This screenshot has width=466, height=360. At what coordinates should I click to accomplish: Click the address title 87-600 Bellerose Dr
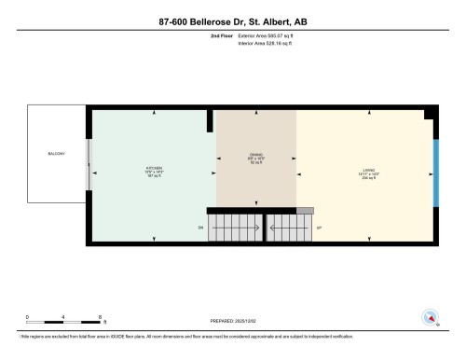coord(232,21)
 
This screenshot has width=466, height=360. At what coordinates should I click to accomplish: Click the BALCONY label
coord(56,153)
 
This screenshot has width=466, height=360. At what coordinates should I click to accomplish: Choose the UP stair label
coord(320,227)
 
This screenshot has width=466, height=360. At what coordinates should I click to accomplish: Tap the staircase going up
coord(289,227)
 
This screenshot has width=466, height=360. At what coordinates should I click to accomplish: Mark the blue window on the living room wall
coord(436,174)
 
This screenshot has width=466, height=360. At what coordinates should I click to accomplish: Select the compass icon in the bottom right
coord(431,317)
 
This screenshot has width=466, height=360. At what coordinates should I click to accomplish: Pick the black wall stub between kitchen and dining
coord(211,120)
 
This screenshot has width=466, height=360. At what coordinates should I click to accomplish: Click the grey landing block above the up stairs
coord(305,211)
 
